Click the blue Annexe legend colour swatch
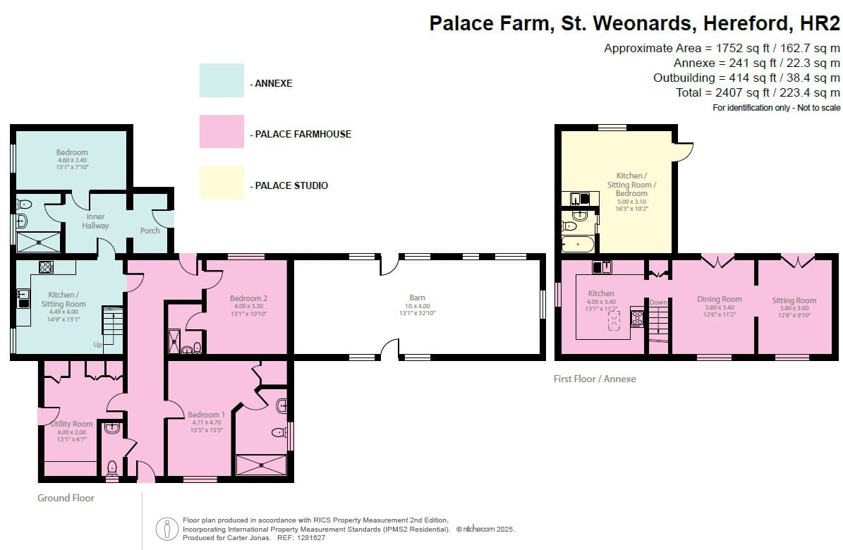[x=222, y=80]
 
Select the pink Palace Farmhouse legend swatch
[x=222, y=131]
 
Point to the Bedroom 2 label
[x=248, y=298]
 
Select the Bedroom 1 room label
[x=206, y=415]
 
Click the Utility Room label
[x=71, y=424]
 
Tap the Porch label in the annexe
[x=150, y=230]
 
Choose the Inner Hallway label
[x=95, y=221]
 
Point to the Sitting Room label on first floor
[x=794, y=300]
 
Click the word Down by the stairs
[x=657, y=302]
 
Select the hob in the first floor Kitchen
[x=636, y=318]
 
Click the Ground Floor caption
[x=66, y=498]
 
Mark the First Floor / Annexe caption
[x=595, y=379]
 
